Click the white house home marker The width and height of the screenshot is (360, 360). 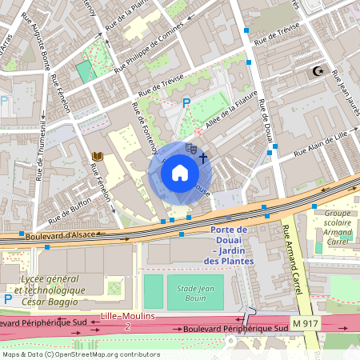click(x=180, y=172)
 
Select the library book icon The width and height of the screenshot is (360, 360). click(x=98, y=156)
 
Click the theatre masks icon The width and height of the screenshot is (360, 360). click(x=190, y=148)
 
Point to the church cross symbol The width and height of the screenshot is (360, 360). click(x=203, y=158)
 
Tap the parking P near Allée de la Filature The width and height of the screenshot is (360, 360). click(x=186, y=102)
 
